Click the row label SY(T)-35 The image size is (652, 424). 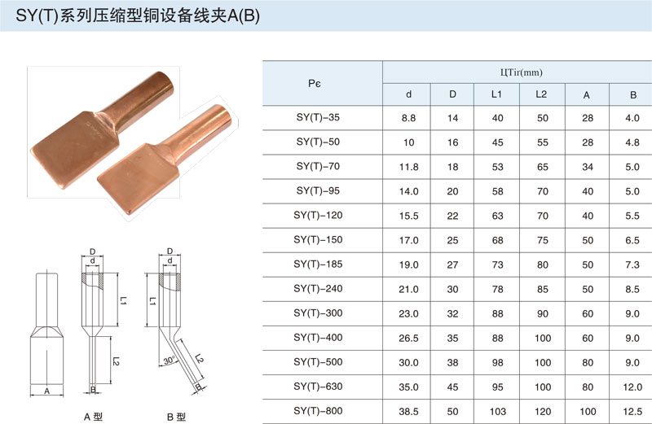tap(318, 118)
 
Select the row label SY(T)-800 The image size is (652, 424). tap(318, 411)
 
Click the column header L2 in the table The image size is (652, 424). tap(541, 94)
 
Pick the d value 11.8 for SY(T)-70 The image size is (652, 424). tap(409, 167)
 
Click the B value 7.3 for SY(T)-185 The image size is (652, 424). tap(632, 264)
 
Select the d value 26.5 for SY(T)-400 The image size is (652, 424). tap(409, 338)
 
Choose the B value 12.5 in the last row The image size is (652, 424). tap(632, 411)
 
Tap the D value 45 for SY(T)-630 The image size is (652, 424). tap(453, 387)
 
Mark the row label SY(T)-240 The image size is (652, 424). tap(318, 289)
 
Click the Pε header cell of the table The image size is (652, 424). tap(318, 82)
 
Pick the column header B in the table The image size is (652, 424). tap(632, 94)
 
